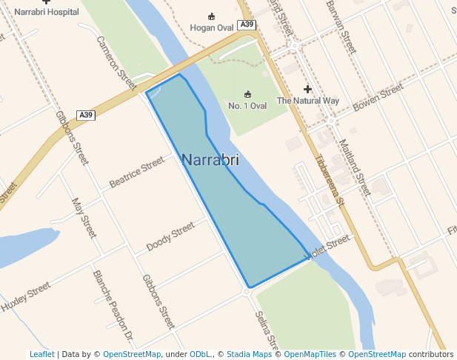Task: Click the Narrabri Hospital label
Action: [46, 12]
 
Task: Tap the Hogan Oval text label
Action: [212, 27]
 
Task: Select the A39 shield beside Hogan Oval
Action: [247, 25]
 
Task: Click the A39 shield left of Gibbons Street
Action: [87, 115]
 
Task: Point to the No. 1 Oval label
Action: [247, 106]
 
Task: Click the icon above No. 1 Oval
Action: [247, 94]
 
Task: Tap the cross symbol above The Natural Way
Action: [307, 90]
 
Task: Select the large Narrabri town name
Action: [210, 159]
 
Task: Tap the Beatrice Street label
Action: [136, 172]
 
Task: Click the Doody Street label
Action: [170, 236]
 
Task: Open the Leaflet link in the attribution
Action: [41, 354]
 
